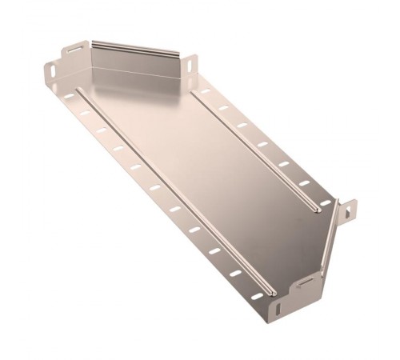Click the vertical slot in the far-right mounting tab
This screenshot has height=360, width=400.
click(x=349, y=211)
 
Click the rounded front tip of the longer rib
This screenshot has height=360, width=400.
click(x=274, y=291)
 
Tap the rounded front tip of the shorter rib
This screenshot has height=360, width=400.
click(x=320, y=211)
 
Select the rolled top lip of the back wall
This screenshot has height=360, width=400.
click(x=136, y=46)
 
